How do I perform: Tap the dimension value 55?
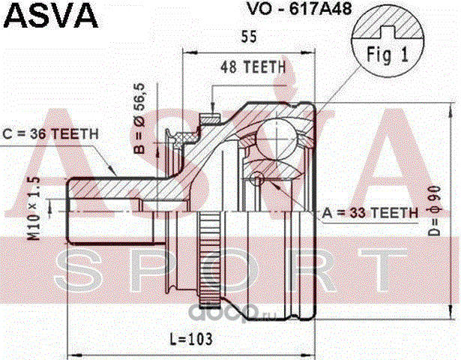point(248,36)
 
